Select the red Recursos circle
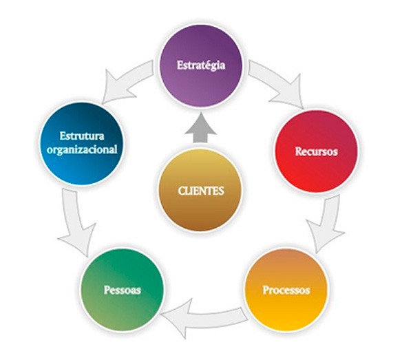316,150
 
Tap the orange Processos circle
286,289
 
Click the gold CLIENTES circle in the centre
201,191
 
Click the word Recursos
316,151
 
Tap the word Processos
286,290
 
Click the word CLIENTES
201,191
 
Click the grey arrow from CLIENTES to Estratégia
201,129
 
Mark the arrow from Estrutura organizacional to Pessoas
74,220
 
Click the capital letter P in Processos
266,289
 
